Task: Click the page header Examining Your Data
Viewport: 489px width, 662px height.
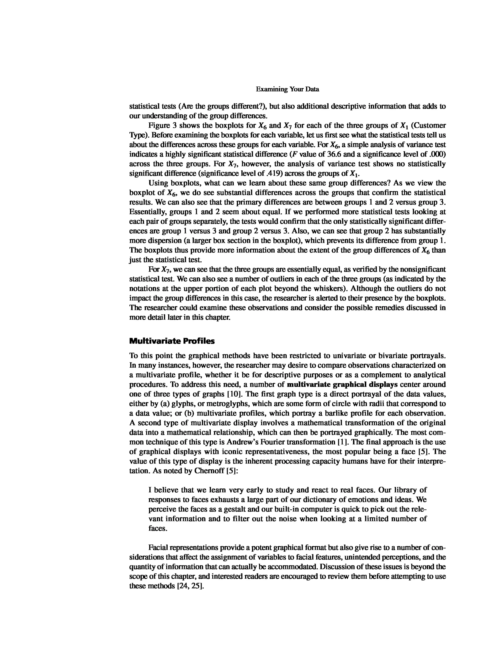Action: tap(287, 89)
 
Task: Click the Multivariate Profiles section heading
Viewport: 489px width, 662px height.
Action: tap(172, 341)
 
